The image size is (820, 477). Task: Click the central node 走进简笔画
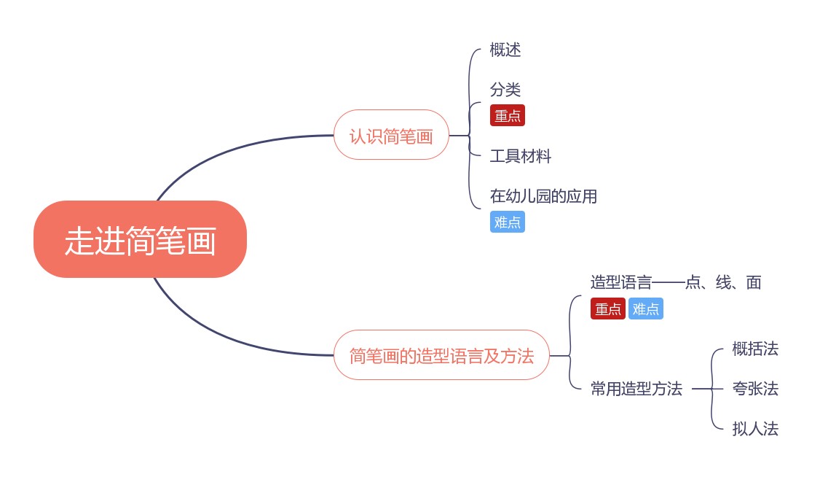[140, 240]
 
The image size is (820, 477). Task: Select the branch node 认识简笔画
[391, 135]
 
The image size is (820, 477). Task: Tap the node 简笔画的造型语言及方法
[441, 355]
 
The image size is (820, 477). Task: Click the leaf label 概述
[505, 50]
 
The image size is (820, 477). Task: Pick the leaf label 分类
[505, 90]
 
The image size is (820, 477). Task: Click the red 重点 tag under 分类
[508, 115]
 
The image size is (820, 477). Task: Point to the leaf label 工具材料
[521, 156]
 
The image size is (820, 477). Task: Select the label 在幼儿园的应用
[543, 196]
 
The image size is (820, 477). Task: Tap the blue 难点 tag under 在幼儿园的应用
[508, 222]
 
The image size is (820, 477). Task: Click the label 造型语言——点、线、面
[676, 282]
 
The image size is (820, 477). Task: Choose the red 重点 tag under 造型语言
[608, 309]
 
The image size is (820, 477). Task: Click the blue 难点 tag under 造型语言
[646, 309]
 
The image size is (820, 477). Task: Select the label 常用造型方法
[636, 389]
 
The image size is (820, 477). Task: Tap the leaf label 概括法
[755, 349]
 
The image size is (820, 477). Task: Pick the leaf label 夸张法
[755, 389]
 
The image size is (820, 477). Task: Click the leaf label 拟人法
[755, 429]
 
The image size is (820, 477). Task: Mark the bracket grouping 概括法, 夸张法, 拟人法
[712, 389]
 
